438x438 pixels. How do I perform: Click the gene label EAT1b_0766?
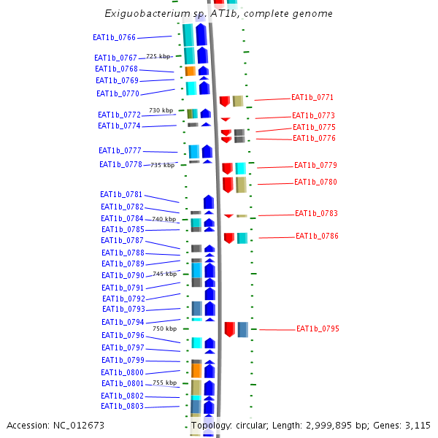(x=114, y=37)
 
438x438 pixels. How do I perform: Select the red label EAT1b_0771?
(x=312, y=97)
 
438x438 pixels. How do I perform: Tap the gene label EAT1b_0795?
(x=318, y=329)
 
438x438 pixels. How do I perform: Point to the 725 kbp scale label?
(x=158, y=56)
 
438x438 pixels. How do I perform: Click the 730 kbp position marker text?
(x=161, y=110)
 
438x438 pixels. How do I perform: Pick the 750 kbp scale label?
(x=164, y=328)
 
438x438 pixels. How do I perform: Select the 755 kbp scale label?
(x=164, y=383)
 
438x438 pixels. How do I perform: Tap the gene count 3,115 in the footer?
(x=415, y=426)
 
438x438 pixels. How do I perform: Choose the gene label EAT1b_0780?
(x=315, y=182)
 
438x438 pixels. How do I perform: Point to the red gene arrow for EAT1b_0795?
(x=229, y=329)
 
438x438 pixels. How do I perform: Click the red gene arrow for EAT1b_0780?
(x=228, y=184)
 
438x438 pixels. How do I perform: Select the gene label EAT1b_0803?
(x=122, y=406)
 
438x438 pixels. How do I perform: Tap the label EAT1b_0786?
(x=317, y=237)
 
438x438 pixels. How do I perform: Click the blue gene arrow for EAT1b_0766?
(x=201, y=35)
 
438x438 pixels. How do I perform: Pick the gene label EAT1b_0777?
(x=120, y=150)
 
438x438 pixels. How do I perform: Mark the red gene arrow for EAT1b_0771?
(x=225, y=101)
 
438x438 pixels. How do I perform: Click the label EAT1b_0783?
(x=316, y=214)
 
